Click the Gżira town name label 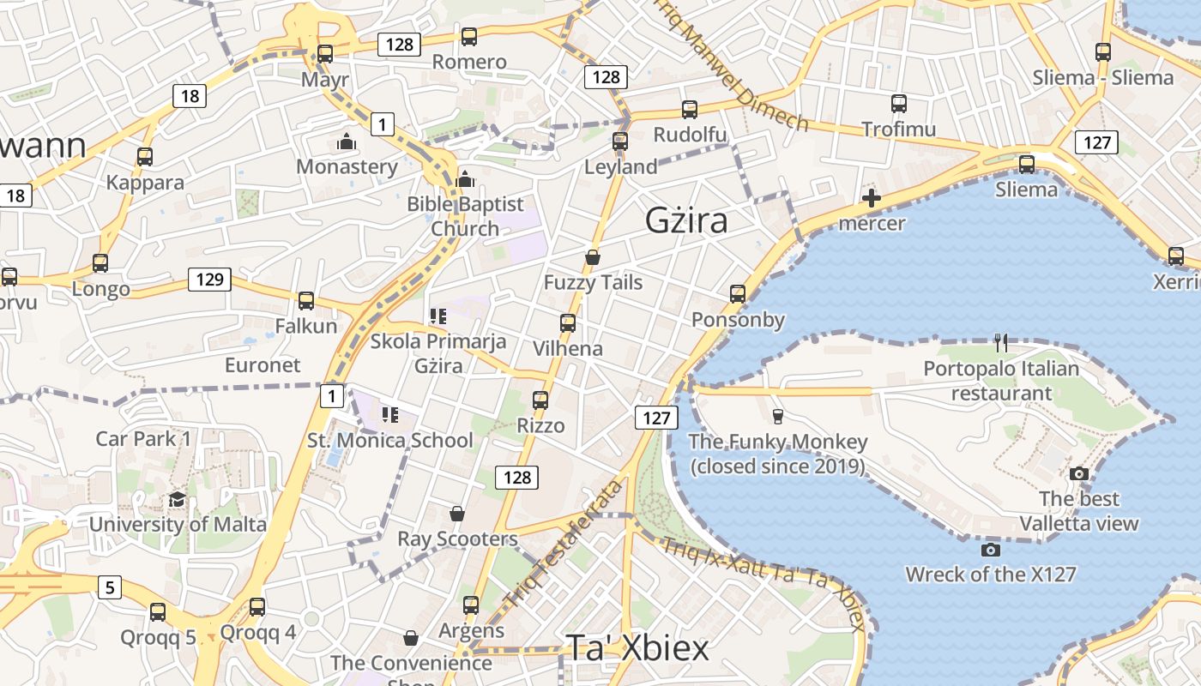coord(686,221)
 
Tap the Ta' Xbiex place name coord(637,648)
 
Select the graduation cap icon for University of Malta coord(177,500)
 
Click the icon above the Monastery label coord(347,141)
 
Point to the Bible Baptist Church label coord(465,216)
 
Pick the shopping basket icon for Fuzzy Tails coord(592,257)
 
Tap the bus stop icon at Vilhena coord(567,323)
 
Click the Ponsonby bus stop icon coord(737,294)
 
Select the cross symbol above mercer coord(871,199)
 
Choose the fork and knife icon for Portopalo coord(1001,343)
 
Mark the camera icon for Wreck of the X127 coord(990,550)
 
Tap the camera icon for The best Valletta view coord(1078,473)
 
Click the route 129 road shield coord(209,279)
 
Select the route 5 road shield coord(109,587)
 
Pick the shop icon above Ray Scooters coord(457,514)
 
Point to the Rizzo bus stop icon coord(540,400)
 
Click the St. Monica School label coord(390,441)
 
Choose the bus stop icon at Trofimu coord(898,104)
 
